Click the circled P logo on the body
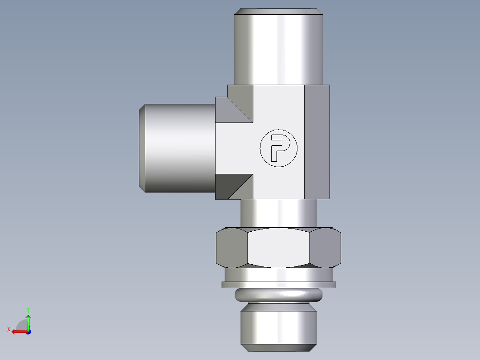pyautogui.click(x=278, y=148)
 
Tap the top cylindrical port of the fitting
pyautogui.click(x=278, y=49)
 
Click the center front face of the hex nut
pyautogui.click(x=278, y=248)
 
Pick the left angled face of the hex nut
pyautogui.click(x=231, y=248)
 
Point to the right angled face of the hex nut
pyautogui.click(x=325, y=248)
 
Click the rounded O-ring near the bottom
pyautogui.click(x=278, y=295)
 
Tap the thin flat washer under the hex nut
pyautogui.click(x=278, y=284)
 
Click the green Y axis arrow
pyautogui.click(x=28, y=321)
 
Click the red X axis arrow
pyautogui.click(x=18, y=331)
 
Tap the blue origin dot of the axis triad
pyautogui.click(x=28, y=331)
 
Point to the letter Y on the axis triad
pyautogui.click(x=28, y=309)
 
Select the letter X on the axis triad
pyautogui.click(x=8, y=329)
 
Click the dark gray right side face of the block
pyautogui.click(x=317, y=142)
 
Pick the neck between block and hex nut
pyautogui.click(x=278, y=213)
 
